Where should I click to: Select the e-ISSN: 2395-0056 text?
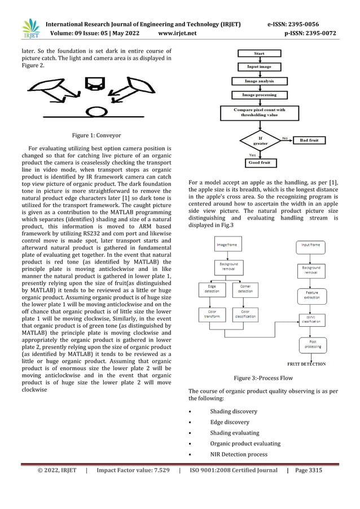point(301,24)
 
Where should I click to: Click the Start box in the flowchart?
point(260,54)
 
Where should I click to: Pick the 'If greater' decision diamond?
point(260,140)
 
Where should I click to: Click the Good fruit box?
point(260,163)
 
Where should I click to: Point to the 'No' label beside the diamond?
point(285,136)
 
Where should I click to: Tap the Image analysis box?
point(260,81)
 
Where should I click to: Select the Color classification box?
point(245,314)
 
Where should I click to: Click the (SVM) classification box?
point(310,319)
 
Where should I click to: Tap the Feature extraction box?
point(310,295)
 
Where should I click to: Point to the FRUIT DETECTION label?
point(306,364)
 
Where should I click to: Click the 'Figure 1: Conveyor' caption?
point(96,135)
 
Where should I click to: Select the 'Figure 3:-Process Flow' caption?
point(262,378)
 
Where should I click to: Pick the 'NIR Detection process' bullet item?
point(238,454)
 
